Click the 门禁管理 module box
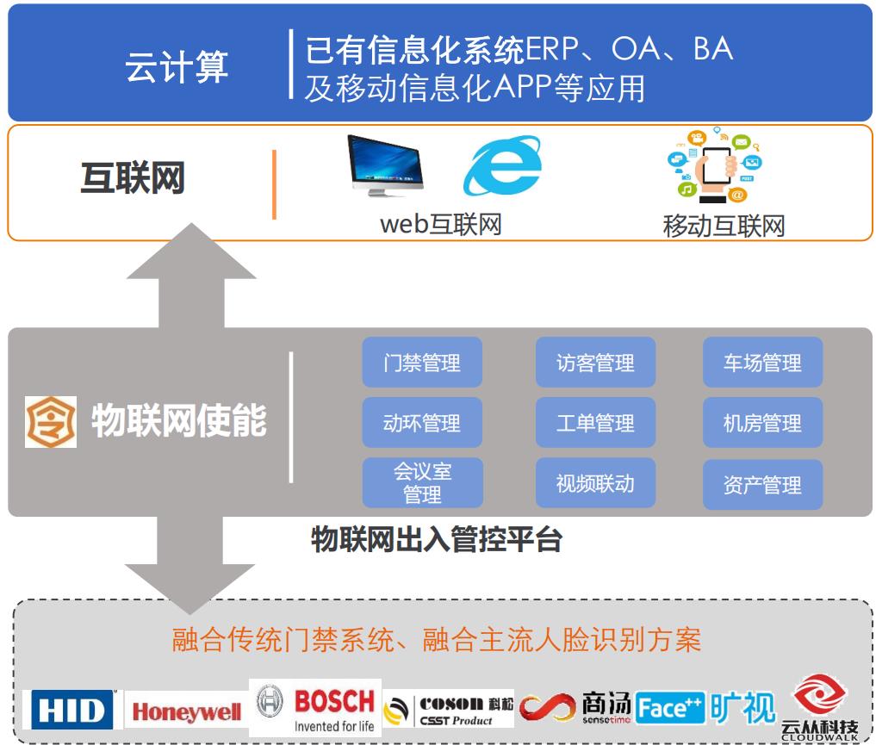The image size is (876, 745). coord(422,362)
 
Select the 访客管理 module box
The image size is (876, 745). coord(595,362)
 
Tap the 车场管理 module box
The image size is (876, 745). coord(762,362)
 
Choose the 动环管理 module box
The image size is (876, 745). coord(422,422)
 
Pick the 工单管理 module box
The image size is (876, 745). coord(595,422)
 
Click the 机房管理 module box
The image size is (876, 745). coord(762,422)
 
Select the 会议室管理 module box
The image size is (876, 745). coord(422,482)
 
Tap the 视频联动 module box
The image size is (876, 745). coord(595,482)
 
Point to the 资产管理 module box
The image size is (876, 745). coord(762,484)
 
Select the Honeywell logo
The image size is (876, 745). coord(186,711)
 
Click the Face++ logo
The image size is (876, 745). coord(670,708)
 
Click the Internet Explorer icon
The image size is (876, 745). coord(503,165)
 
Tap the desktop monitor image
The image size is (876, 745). coord(384,165)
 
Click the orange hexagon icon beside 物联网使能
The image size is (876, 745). coord(51,422)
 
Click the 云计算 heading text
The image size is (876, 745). coord(177,66)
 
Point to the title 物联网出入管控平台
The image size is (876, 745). coord(437,539)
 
